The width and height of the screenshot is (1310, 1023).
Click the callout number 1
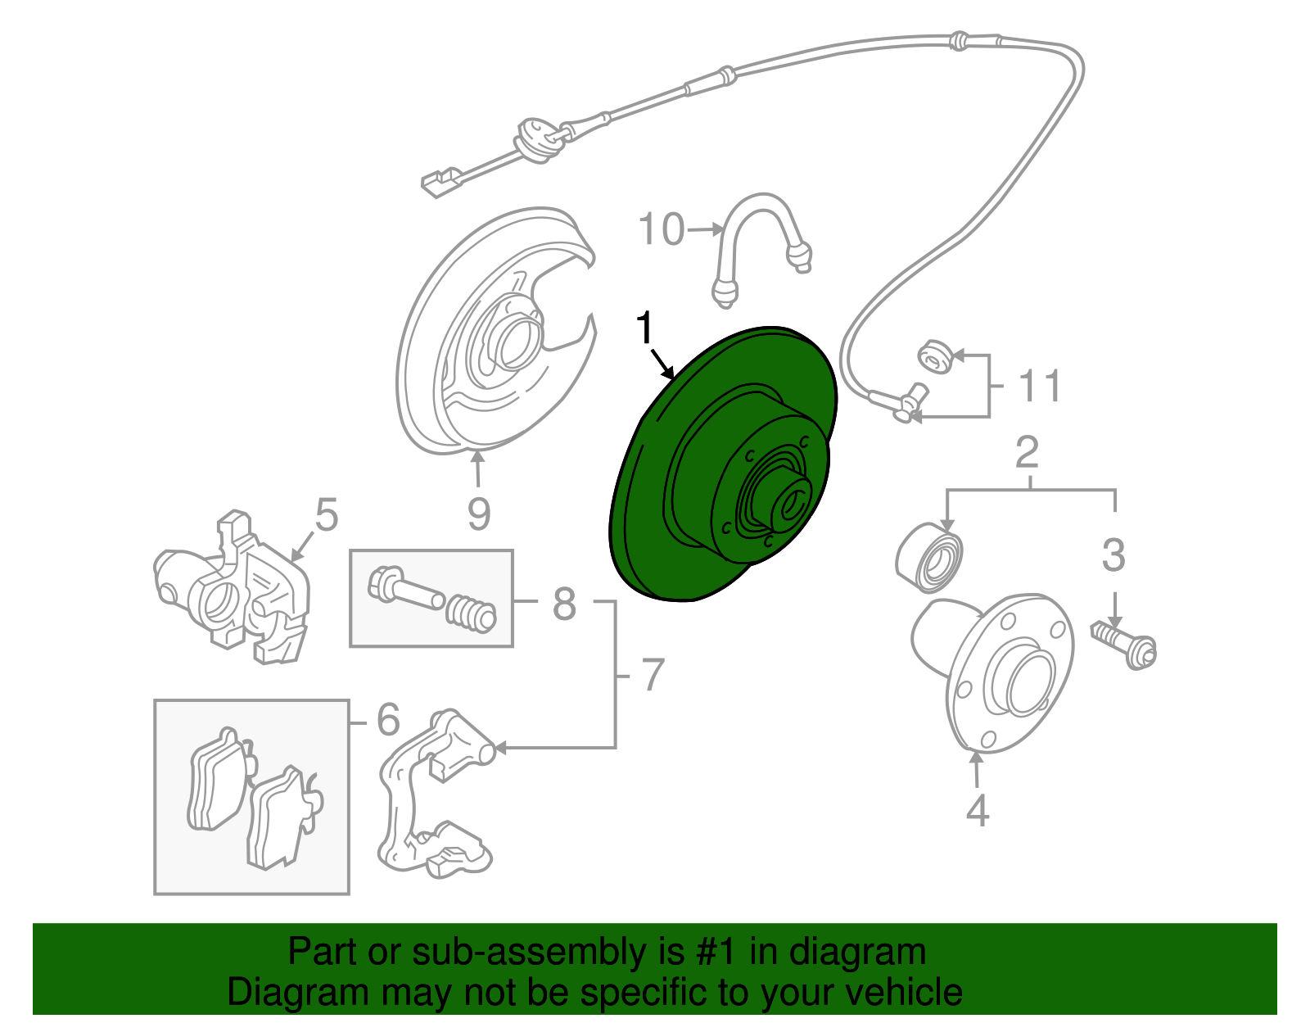coord(646,328)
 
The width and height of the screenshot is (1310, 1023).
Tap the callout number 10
coord(662,229)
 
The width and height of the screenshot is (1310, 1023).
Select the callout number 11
coord(1040,386)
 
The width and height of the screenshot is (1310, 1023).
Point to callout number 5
coord(326,516)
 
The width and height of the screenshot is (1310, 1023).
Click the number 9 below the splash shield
coord(479,514)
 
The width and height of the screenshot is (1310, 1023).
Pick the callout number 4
coord(978,810)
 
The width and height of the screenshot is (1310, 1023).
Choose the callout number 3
coord(1113,555)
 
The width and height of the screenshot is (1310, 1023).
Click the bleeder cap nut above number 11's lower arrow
coord(933,359)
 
